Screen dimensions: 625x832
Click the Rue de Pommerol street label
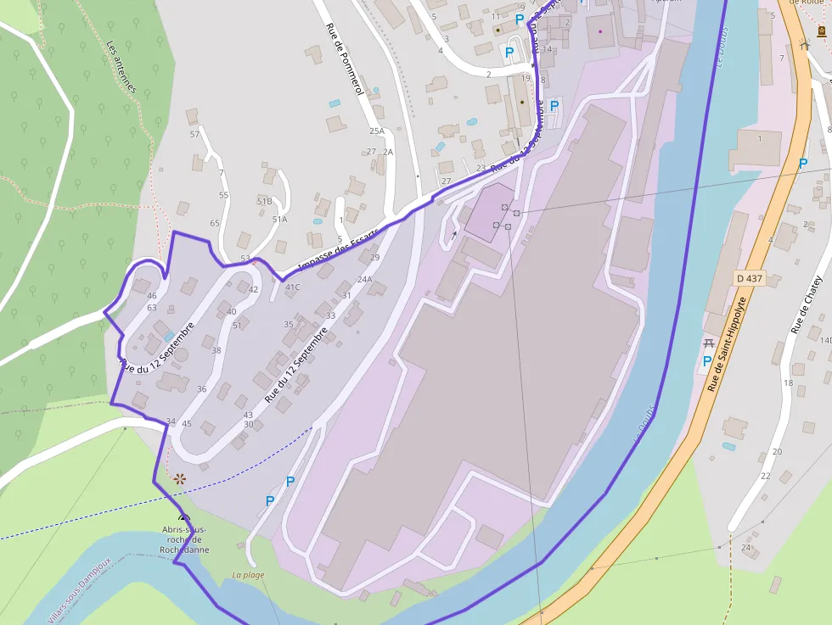tap(344, 60)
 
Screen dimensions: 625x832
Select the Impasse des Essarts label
tap(338, 254)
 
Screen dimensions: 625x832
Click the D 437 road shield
tap(749, 278)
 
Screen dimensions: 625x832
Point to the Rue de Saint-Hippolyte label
tap(728, 343)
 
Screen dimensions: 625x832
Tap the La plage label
tap(248, 575)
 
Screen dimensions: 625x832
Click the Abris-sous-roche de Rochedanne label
tap(183, 539)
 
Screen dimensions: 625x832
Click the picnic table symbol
tap(709, 343)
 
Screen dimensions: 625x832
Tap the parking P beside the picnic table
tap(706, 361)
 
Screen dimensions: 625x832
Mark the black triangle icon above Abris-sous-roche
tap(183, 516)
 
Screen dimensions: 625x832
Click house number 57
tap(194, 134)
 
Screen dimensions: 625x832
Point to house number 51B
tap(264, 201)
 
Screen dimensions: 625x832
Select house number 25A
tap(376, 131)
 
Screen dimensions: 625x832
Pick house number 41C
tap(292, 287)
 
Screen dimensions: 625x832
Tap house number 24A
tap(365, 279)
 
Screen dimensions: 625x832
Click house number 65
tap(215, 223)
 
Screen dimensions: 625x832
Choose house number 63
tap(152, 307)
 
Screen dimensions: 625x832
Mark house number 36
tap(201, 388)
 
